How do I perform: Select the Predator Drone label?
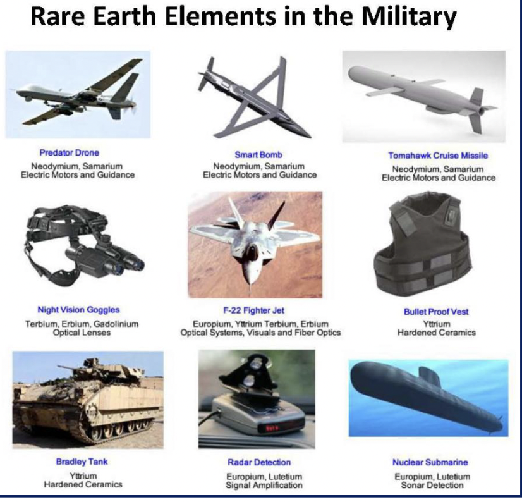70,153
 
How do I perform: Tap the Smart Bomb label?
258,154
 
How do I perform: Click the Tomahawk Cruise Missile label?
438,155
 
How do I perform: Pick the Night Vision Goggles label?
78,310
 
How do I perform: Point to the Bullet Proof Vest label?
436,312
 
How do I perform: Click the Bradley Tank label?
82,463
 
